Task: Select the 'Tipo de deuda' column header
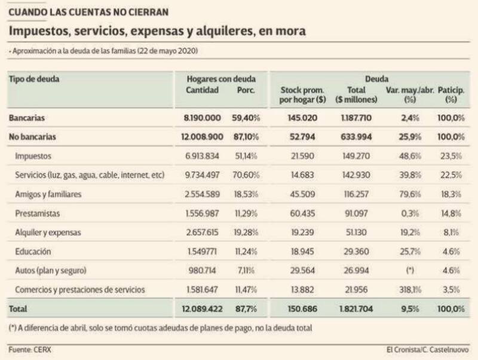pyautogui.click(x=35, y=79)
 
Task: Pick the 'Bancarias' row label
pyautogui.click(x=27, y=118)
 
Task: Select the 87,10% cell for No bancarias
pyautogui.click(x=246, y=137)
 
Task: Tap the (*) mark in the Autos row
pyautogui.click(x=409, y=271)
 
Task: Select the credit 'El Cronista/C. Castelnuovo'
pyautogui.click(x=428, y=349)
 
